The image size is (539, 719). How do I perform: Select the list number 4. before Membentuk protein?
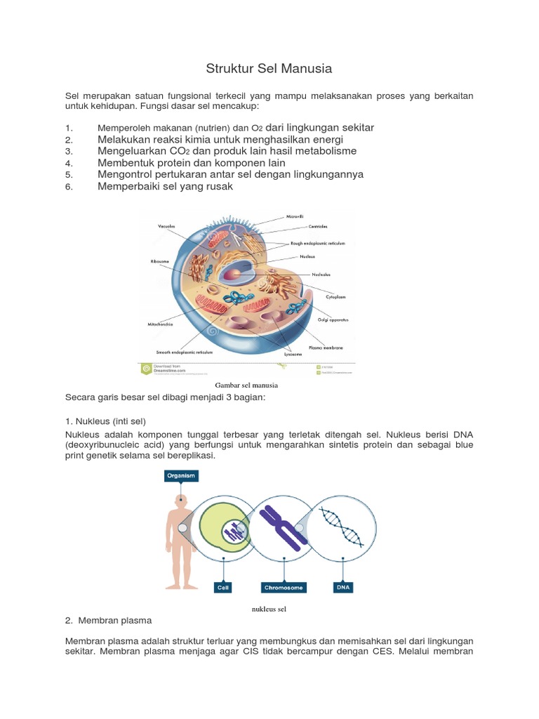pos(69,163)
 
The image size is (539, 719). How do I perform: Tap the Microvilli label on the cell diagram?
pos(295,217)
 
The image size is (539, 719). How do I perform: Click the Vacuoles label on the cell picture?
pos(166,226)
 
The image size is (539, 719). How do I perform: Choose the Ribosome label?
pos(160,261)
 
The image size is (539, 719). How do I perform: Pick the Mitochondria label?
pos(161,324)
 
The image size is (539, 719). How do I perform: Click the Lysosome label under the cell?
pos(293,355)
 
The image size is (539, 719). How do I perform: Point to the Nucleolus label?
pos(316,274)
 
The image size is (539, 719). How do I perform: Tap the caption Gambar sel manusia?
pos(246,385)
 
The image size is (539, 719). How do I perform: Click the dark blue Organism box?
pos(181,475)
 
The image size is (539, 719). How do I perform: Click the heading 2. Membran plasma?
pos(108,621)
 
